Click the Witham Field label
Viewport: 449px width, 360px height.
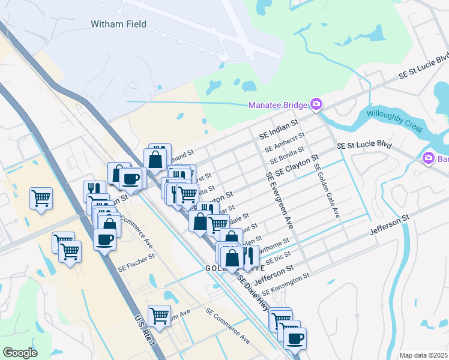click(118, 24)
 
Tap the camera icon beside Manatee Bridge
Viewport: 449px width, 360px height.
click(316, 105)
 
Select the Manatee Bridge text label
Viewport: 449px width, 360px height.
click(278, 106)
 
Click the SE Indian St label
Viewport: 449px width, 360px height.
click(278, 129)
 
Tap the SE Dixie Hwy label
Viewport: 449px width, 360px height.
click(252, 290)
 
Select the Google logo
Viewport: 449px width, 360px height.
click(20, 352)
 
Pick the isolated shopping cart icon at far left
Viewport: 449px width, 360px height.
click(41, 198)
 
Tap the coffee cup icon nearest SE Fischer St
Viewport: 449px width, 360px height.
click(105, 240)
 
